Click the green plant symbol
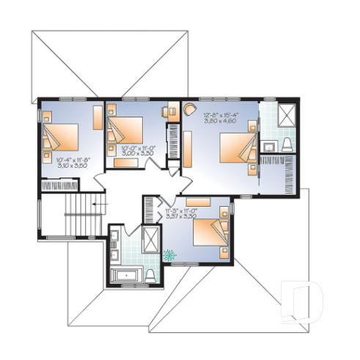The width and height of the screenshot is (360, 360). click(171, 256)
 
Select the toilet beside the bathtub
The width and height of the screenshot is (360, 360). click(150, 274)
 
